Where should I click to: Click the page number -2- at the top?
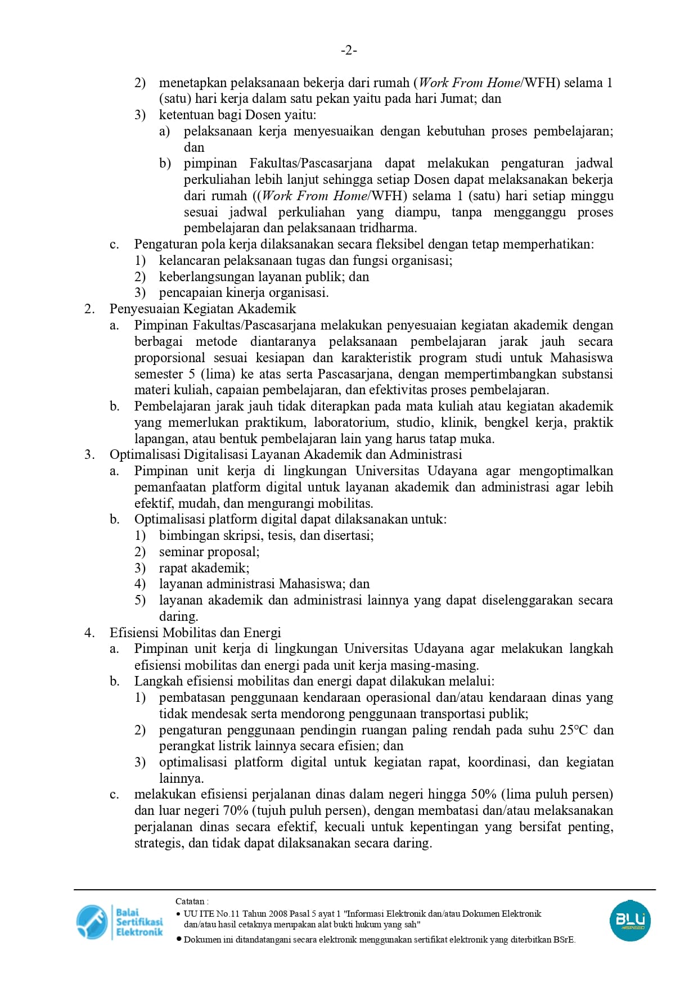pos(349,51)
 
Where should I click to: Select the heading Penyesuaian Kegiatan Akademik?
pos(202,309)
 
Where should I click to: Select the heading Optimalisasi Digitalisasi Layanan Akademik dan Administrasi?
pos(286,455)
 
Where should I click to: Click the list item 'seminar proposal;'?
pos(209,552)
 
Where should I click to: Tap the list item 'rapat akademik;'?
pos(204,569)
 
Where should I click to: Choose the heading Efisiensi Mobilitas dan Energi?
pos(195,633)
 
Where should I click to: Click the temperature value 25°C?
pos(573,731)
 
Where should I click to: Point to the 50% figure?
pos(484,795)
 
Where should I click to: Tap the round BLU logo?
pos(630,921)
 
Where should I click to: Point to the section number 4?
pos(89,633)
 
